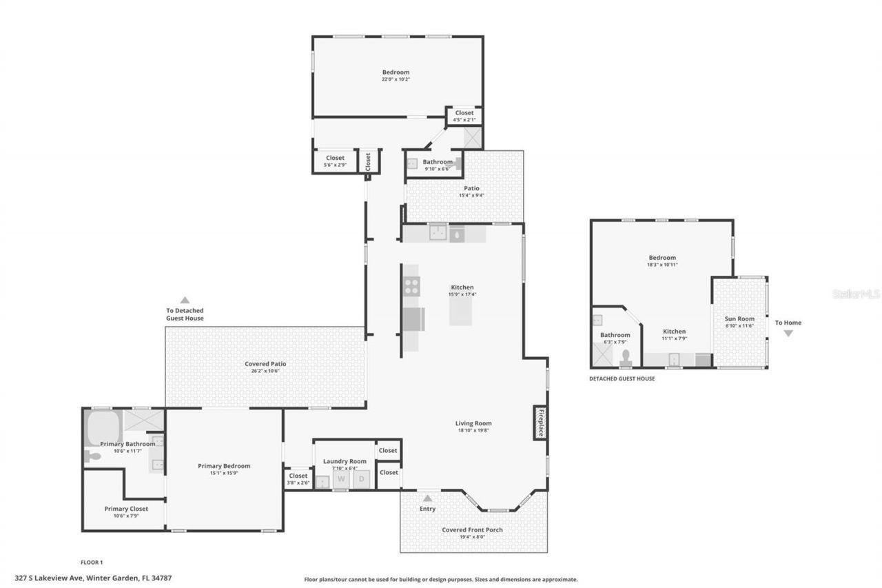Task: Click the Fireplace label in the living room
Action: point(541,423)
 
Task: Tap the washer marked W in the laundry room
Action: point(340,479)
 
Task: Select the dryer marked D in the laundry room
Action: point(361,479)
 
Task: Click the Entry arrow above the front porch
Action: point(428,498)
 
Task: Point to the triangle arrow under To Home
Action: point(788,334)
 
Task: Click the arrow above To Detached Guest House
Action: point(185,300)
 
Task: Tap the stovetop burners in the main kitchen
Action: point(412,285)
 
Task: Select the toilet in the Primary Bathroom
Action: point(92,456)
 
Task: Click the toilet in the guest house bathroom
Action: point(626,356)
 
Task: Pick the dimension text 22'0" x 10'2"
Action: point(396,79)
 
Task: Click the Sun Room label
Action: point(739,318)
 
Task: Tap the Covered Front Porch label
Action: point(472,529)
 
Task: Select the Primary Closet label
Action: point(126,509)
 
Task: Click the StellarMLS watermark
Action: point(856,294)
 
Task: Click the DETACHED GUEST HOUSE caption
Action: point(622,378)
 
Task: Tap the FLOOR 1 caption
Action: point(92,562)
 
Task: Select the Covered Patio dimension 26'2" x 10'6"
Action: point(265,371)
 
